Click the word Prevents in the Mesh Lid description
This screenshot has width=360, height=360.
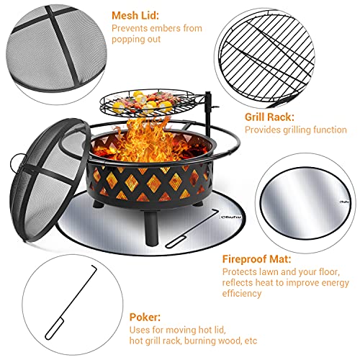[128, 29]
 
